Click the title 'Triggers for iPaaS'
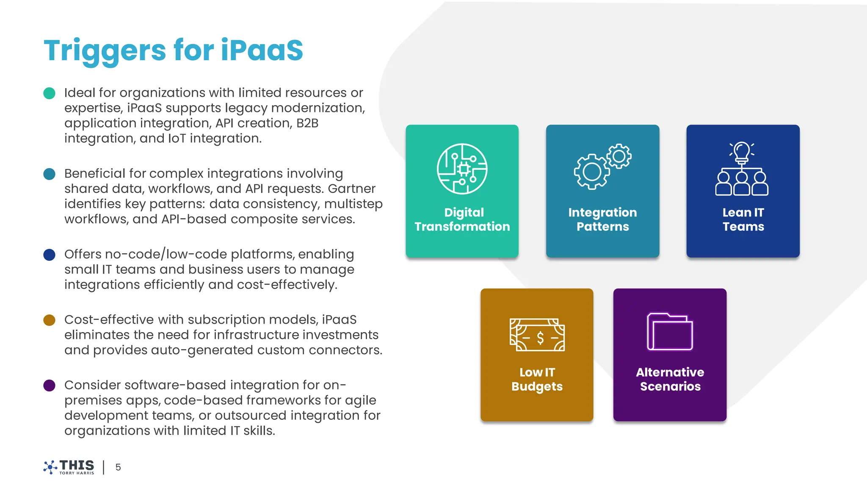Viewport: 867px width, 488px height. (173, 50)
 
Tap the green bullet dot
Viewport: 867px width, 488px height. (50, 93)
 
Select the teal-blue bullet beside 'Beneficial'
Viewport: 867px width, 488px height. (50, 174)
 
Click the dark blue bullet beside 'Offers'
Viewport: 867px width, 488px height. (50, 255)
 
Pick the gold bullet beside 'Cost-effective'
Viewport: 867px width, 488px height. (50, 320)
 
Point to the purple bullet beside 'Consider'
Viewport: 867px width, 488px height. (50, 385)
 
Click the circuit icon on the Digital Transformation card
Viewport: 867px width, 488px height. (462, 169)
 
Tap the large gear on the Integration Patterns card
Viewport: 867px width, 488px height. (592, 172)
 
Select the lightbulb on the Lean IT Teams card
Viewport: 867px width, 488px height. (742, 152)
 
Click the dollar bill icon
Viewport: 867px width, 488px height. (537, 335)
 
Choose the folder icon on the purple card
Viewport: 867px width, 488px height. (670, 332)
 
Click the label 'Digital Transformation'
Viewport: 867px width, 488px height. (462, 219)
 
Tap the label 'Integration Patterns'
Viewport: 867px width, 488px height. (602, 219)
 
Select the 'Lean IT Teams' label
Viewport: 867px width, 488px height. (743, 219)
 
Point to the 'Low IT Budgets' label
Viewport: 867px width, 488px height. (537, 379)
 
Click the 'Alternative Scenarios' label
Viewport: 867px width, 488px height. (670, 379)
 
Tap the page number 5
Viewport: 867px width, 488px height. (118, 467)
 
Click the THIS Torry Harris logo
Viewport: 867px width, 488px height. (69, 467)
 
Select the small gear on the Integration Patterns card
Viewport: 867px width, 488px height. (619, 156)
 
